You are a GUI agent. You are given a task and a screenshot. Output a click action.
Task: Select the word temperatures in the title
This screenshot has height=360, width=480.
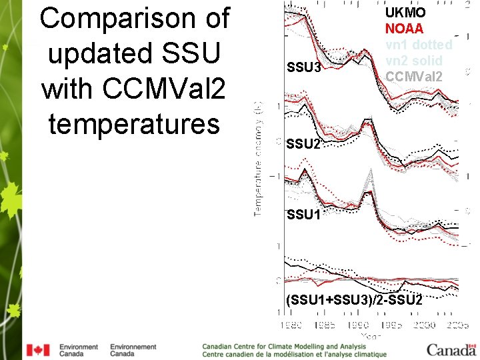point(134,123)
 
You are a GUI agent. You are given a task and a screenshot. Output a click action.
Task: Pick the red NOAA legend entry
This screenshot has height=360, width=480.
point(404,29)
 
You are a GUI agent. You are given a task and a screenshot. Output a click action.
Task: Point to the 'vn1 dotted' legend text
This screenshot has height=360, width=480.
point(419,45)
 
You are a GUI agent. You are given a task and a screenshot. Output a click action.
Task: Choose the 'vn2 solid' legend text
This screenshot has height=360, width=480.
point(413,60)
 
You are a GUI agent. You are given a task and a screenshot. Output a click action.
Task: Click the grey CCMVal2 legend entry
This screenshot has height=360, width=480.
point(413,75)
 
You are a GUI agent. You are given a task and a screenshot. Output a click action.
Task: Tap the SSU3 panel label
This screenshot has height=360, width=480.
point(303,68)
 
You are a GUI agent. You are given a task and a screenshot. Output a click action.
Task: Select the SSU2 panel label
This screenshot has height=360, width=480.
point(303,144)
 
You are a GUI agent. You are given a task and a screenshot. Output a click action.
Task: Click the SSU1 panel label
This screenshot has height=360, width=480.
point(303,215)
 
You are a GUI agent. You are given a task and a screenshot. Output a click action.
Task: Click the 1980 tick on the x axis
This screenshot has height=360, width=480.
point(290,325)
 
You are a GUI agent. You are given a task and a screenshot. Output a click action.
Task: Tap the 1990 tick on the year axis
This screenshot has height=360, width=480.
point(358,325)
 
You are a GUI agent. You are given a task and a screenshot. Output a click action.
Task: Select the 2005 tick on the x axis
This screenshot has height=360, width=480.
point(459,325)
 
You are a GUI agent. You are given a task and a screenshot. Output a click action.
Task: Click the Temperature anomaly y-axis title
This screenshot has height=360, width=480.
point(258,159)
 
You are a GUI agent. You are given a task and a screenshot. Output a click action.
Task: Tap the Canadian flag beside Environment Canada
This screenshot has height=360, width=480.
point(38,350)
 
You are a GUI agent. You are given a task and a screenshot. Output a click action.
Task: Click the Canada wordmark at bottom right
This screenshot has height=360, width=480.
point(451,349)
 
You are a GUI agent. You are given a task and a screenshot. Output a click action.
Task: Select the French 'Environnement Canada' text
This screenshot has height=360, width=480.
point(133,350)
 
